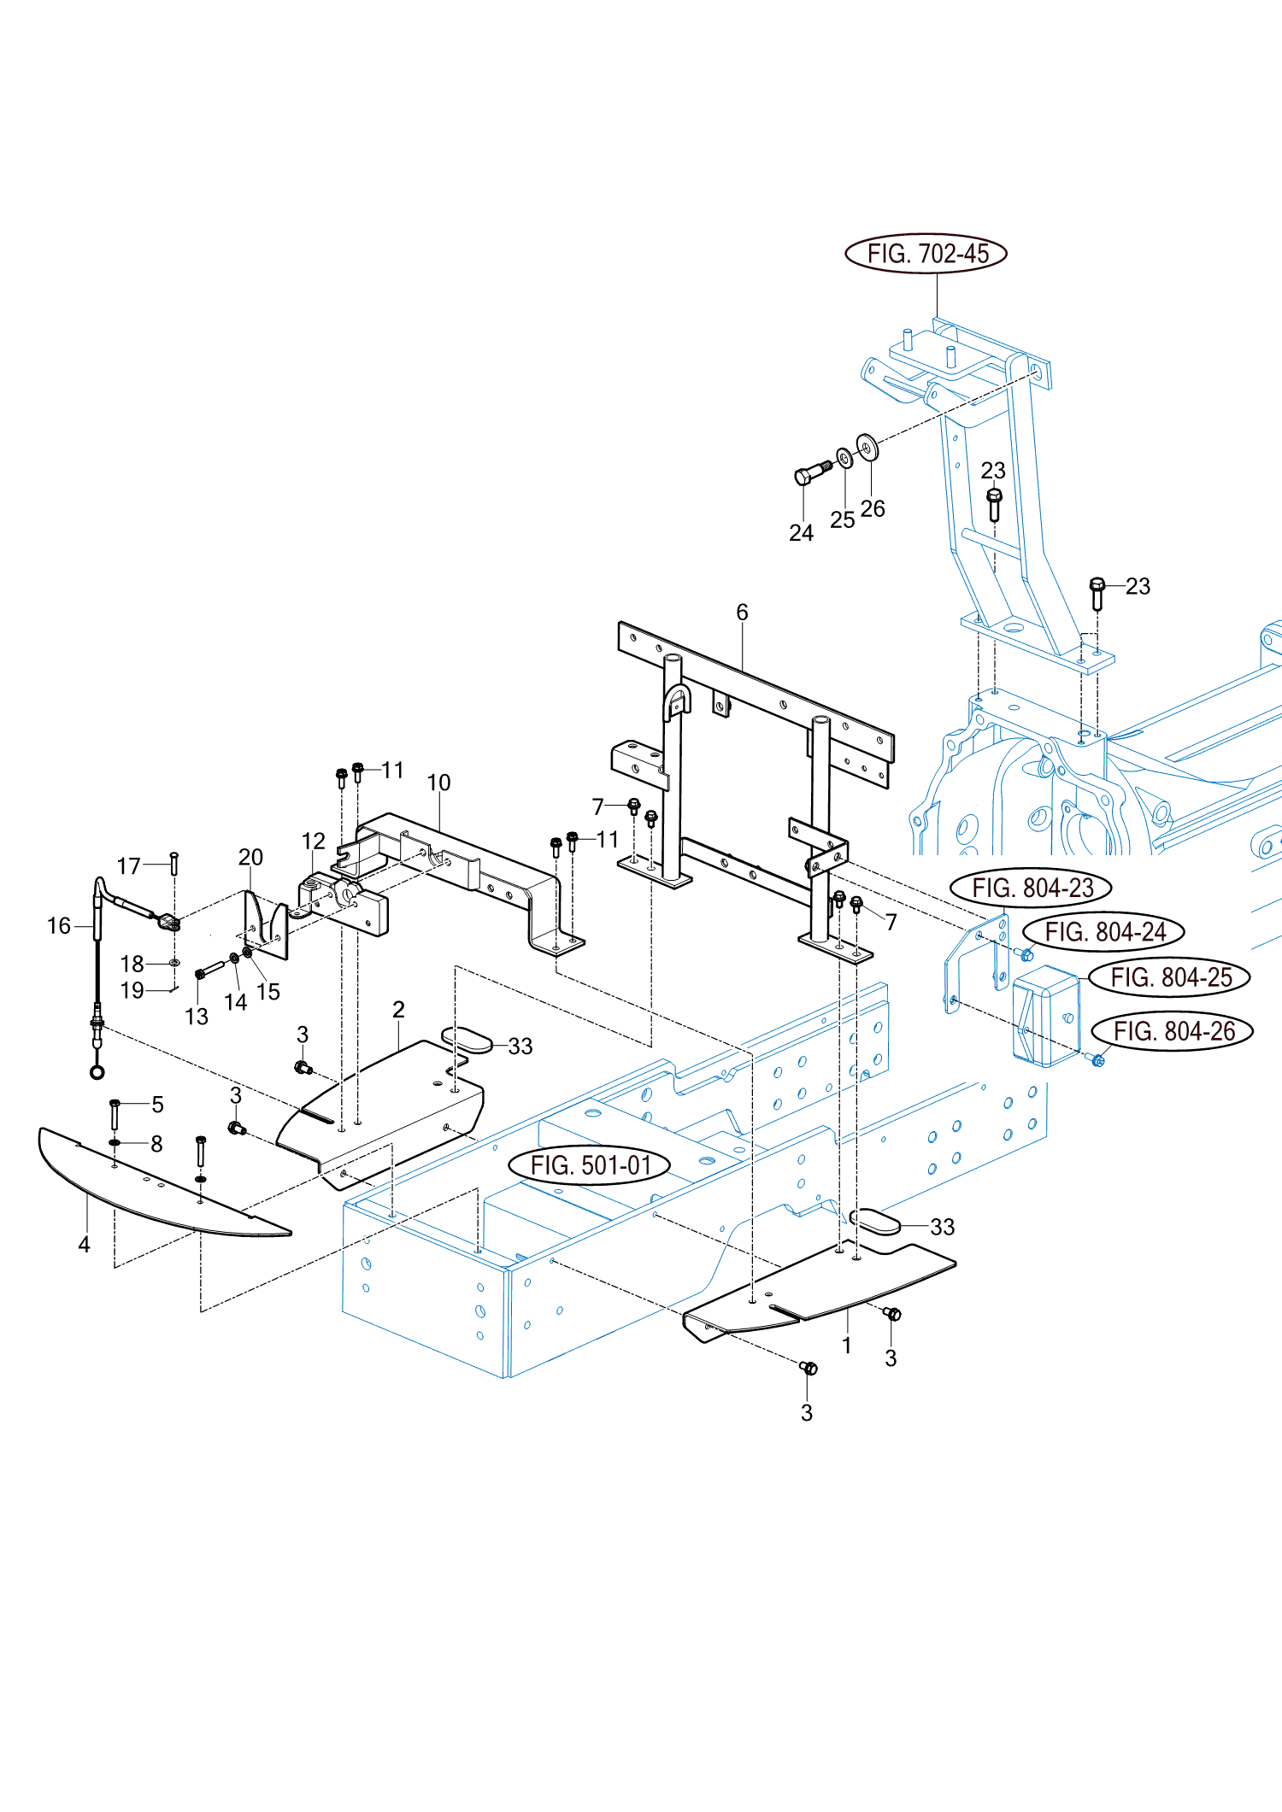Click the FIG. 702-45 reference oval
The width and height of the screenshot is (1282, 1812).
tap(926, 254)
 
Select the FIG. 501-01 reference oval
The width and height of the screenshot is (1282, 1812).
tap(590, 1165)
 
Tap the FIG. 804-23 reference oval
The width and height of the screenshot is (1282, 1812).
tap(1032, 888)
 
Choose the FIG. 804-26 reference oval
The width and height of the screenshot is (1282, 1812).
tap(1173, 1031)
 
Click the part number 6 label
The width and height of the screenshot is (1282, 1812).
tap(742, 612)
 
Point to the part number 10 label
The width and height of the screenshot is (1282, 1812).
tap(438, 783)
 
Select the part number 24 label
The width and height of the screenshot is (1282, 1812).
tap(801, 532)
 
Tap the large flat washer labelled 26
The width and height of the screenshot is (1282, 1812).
tap(867, 447)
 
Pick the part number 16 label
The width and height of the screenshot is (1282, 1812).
tap(59, 925)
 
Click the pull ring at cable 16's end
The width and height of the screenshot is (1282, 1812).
tap(97, 1072)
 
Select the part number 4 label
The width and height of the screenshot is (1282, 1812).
tap(84, 1244)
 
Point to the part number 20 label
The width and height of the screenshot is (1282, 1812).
tap(250, 857)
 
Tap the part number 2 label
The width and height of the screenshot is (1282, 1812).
tap(398, 1009)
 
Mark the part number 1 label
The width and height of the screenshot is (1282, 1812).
tap(846, 1346)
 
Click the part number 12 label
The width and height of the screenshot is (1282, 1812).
tap(314, 841)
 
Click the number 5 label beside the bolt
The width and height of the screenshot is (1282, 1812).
tap(157, 1104)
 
